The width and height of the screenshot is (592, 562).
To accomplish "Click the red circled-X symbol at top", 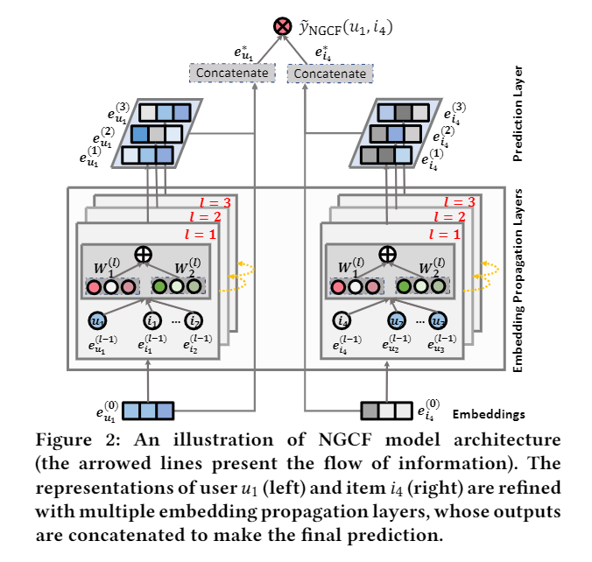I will pos(283,28).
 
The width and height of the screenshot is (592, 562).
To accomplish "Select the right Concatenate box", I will pos(329,74).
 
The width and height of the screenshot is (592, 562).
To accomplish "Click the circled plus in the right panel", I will pos(386,253).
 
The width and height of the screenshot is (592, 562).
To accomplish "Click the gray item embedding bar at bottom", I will pos(386,408).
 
